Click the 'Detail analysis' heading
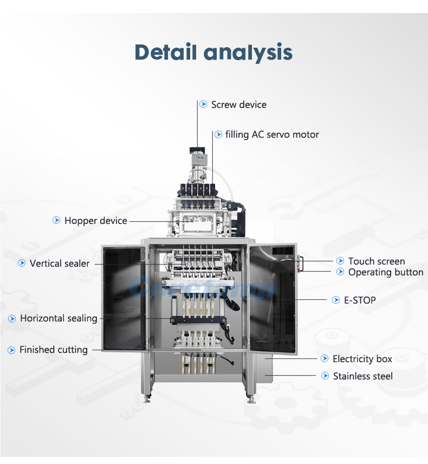point(213,53)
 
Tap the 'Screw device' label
point(239,105)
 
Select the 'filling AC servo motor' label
point(272,134)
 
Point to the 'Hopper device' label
point(95,221)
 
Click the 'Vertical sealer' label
point(60,263)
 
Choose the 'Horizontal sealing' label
point(59,318)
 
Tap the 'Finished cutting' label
point(54,350)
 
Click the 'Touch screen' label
point(377,261)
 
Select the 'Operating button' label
point(386,272)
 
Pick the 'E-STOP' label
point(360,300)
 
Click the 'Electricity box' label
point(362,359)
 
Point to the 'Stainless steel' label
point(363,376)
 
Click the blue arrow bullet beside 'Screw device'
point(203,104)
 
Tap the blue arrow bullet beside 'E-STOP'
point(336,300)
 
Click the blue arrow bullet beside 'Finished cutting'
point(11,350)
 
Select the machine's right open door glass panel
point(273,299)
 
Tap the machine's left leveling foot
point(146,399)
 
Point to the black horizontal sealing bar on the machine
point(198,320)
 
